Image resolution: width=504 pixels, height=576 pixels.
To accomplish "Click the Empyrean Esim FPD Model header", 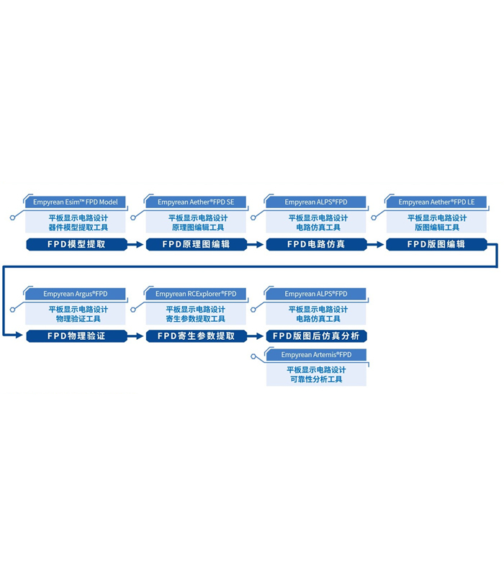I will (76, 202).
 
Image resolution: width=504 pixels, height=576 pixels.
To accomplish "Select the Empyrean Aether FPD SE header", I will (196, 202).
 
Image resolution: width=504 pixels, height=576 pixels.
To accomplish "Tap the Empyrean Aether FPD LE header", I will (436, 202).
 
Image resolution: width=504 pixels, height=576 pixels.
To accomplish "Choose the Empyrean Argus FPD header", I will (76, 294).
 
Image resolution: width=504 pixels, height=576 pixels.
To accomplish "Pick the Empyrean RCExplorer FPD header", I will (196, 294).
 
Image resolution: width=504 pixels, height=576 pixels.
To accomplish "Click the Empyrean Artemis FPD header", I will (316, 355).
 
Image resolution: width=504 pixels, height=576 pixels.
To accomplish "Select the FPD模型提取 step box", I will (76, 244).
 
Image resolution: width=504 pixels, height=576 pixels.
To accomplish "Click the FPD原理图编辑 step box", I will (196, 244).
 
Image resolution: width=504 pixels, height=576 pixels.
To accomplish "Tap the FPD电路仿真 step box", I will (316, 244).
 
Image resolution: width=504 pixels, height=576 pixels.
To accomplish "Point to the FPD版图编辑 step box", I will (436, 244).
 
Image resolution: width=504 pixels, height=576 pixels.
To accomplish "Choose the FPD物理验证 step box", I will (76, 336).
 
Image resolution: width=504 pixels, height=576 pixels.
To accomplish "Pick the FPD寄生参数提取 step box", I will (196, 336).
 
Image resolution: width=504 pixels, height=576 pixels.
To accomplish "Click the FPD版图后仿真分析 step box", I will (316, 336).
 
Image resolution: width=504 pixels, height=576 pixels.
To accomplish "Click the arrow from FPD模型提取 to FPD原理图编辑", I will (136, 244).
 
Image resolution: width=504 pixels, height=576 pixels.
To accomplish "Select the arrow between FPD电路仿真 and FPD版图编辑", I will (376, 244).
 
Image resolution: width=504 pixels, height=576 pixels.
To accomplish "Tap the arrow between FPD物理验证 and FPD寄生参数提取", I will (136, 336).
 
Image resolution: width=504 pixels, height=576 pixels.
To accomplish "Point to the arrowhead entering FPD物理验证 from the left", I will (21, 336).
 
